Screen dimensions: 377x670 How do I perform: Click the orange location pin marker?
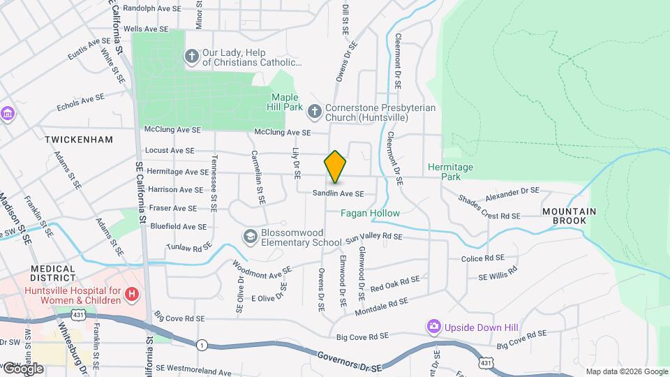click(335, 167)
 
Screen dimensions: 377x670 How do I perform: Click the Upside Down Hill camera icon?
click(434, 326)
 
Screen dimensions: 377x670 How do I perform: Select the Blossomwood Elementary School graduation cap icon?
click(249, 237)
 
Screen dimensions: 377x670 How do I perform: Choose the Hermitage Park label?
click(450, 172)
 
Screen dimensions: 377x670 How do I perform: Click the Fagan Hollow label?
click(370, 213)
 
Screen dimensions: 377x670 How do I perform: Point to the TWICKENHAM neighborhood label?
click(79, 140)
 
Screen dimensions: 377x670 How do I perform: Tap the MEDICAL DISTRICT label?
click(52, 273)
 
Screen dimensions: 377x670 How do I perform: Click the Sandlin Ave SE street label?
click(338, 193)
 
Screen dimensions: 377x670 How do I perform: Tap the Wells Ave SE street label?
click(146, 29)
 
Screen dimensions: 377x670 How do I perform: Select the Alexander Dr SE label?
click(513, 191)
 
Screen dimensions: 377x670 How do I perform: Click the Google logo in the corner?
click(22, 369)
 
